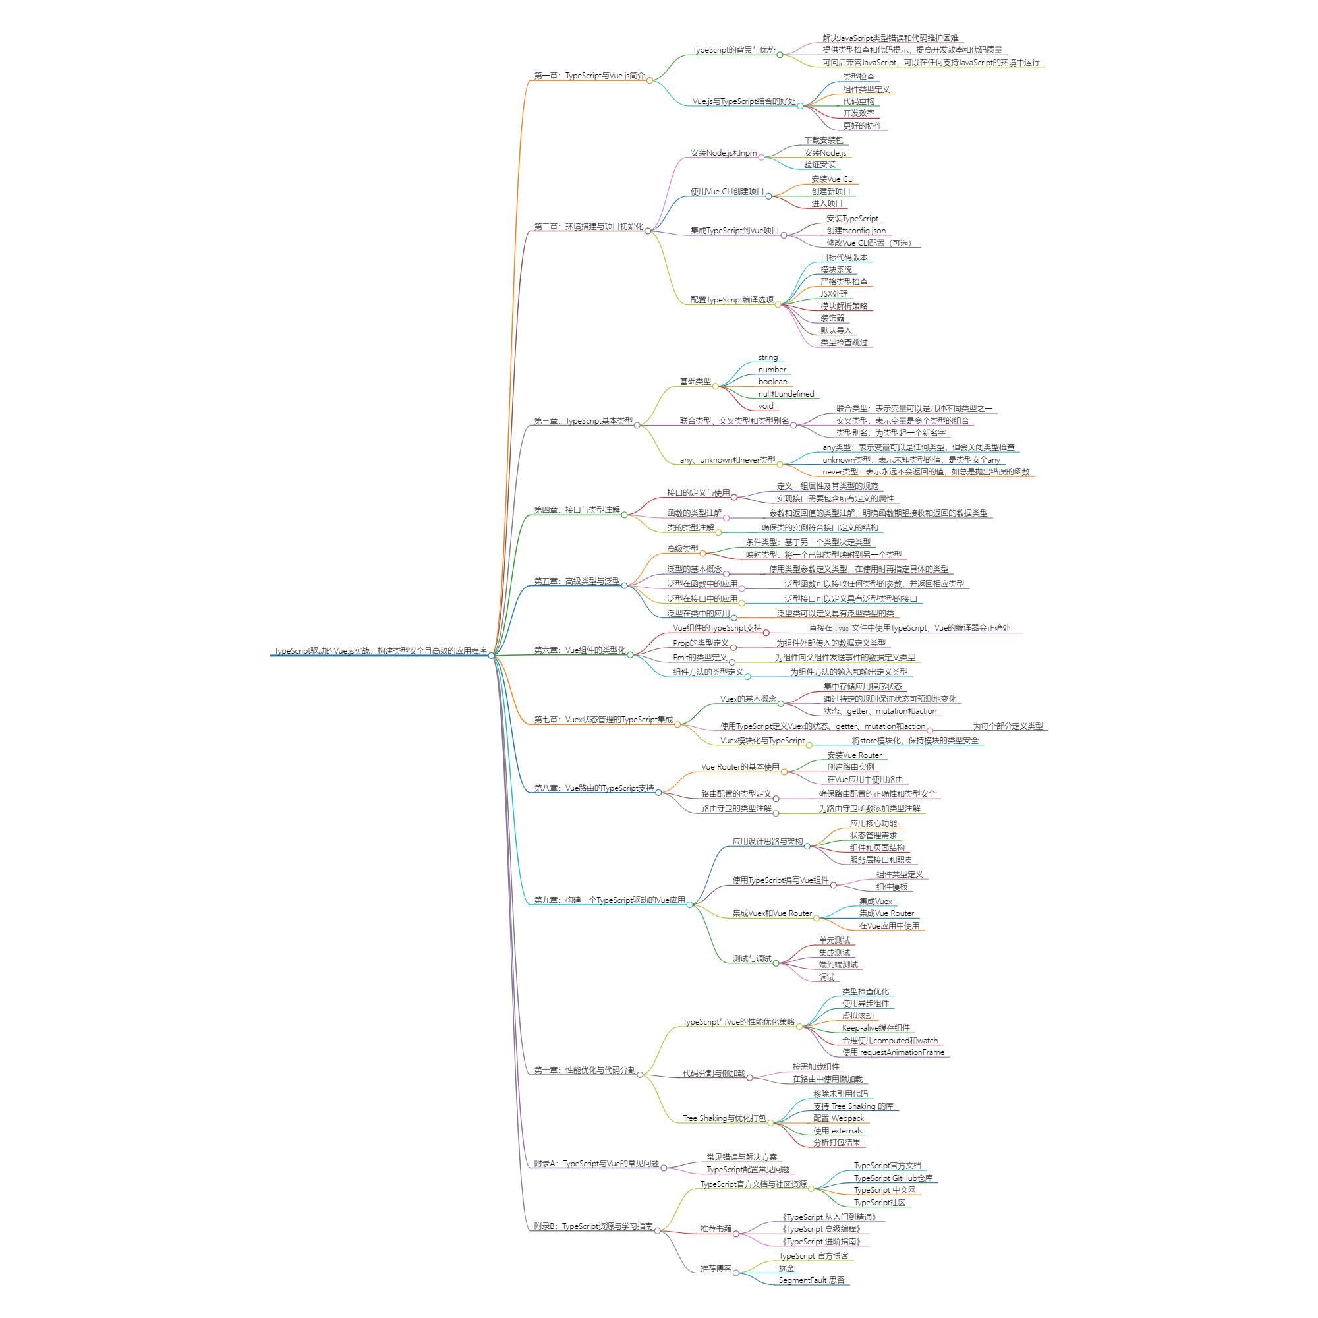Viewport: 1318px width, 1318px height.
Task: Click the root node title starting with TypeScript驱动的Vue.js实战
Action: pos(380,651)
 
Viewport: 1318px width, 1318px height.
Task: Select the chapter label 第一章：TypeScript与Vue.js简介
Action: pos(588,76)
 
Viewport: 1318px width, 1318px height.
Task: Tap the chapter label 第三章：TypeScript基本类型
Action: pos(583,421)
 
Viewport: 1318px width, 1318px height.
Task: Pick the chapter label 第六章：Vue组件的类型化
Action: pos(579,650)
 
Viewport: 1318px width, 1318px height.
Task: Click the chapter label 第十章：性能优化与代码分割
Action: pos(584,1070)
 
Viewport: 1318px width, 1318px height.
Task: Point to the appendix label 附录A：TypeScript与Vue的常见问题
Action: pos(596,1163)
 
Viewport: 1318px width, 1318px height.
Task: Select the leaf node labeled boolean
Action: pos(772,382)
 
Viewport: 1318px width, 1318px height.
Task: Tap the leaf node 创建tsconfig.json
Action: pos(855,231)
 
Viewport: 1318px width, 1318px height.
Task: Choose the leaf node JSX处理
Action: pos(834,294)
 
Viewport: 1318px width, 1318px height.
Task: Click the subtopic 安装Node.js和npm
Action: pos(723,153)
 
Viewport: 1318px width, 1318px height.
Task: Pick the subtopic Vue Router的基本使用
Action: pos(739,767)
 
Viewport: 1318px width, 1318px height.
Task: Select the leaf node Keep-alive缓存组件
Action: pos(875,1027)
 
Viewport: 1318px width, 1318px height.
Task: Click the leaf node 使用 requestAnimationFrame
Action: pos(893,1052)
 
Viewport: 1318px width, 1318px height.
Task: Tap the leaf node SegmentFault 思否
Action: pos(811,1280)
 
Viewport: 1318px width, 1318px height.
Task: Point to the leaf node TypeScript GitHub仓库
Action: pos(892,1178)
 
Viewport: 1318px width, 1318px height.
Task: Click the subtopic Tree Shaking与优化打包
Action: pos(724,1118)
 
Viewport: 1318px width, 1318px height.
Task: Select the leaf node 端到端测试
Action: pos(838,965)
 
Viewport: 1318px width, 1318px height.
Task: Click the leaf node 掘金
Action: pos(786,1268)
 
